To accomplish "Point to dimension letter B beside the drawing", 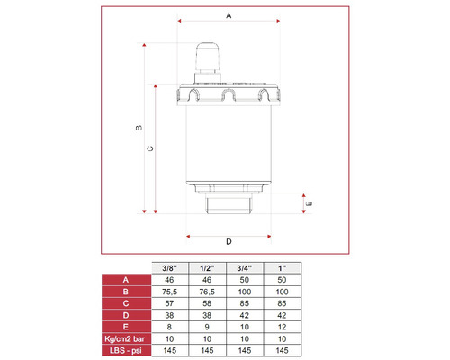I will point(138,128).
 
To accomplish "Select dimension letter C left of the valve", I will point(150,149).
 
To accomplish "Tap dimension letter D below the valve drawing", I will point(228,242).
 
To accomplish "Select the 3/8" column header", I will point(168,268).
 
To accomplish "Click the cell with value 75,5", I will point(168,292).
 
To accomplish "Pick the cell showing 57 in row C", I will point(168,303).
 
